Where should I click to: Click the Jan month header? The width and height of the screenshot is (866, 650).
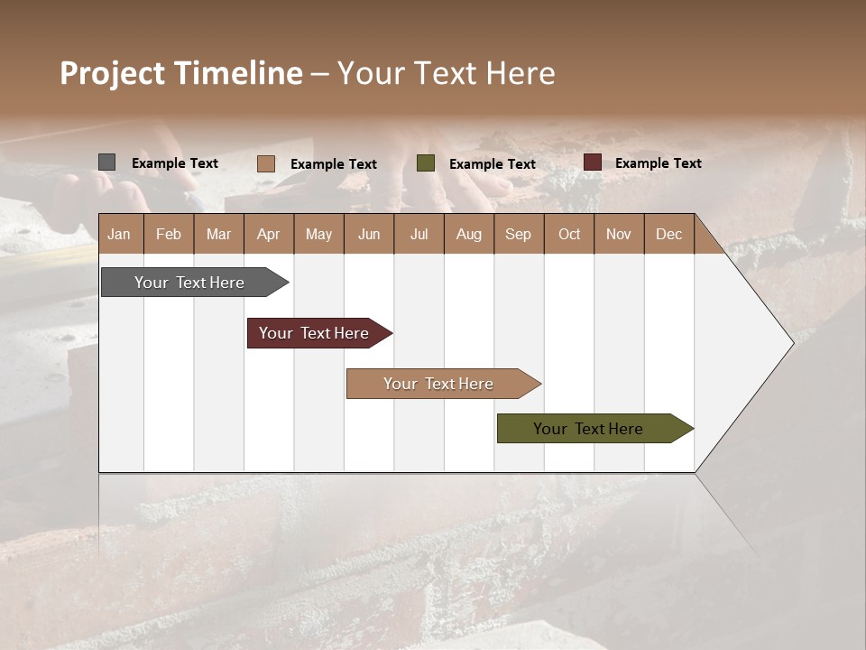point(119,234)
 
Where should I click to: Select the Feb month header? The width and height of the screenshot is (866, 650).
point(169,234)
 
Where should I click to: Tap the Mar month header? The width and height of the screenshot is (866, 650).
point(218,234)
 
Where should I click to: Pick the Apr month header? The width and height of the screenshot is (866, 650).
point(269,234)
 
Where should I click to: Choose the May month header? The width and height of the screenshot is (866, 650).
point(318,234)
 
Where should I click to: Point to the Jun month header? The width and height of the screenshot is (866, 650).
point(369,234)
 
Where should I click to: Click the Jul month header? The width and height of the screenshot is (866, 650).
point(419,234)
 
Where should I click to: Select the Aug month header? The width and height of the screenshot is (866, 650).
point(469,234)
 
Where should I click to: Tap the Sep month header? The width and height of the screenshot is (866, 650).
point(519,234)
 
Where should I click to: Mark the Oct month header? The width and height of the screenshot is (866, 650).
point(569,234)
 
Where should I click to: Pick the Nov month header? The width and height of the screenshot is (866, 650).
point(619,234)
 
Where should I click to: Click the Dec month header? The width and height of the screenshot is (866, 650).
point(668,234)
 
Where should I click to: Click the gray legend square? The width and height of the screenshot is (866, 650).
point(106,162)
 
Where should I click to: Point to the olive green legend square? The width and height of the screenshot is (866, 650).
point(426,162)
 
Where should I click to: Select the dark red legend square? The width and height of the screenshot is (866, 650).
point(592,162)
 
